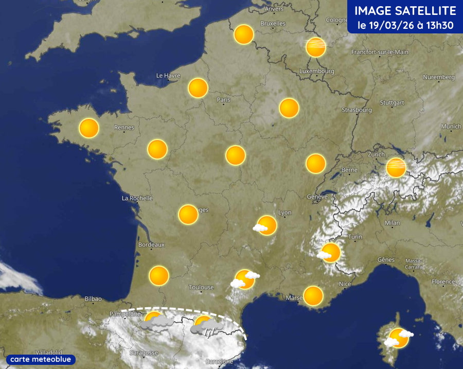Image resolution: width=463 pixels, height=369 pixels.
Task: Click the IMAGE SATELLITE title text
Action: click(x=405, y=11)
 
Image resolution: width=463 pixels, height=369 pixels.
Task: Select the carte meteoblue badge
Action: click(x=41, y=359)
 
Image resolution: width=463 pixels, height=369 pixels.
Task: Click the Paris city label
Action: click(x=223, y=100)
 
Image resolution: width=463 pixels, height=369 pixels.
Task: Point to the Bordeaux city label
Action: click(x=151, y=244)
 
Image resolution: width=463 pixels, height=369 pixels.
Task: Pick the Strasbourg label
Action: click(x=357, y=110)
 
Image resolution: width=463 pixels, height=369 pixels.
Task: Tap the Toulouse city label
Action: click(x=201, y=287)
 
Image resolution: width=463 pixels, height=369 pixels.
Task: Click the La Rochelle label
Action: click(x=137, y=198)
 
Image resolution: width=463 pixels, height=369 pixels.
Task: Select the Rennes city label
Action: click(x=124, y=128)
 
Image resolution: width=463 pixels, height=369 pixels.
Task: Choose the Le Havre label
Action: click(x=168, y=76)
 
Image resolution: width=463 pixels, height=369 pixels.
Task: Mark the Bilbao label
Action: click(x=93, y=298)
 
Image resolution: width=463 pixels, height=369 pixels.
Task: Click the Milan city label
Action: click(x=392, y=223)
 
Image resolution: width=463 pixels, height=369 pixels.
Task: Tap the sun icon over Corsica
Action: click(x=398, y=338)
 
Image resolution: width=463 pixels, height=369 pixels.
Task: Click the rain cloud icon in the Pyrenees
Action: click(x=206, y=327)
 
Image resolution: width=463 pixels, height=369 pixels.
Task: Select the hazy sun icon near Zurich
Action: click(x=396, y=167)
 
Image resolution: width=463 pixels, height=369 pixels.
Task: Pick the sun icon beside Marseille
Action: click(x=313, y=296)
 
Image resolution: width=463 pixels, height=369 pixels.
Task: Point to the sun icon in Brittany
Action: click(x=88, y=128)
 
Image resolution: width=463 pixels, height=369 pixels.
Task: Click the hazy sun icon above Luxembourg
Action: click(x=316, y=47)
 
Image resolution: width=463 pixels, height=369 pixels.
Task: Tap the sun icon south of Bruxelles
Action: click(x=243, y=34)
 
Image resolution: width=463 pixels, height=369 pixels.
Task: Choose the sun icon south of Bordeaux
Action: click(x=159, y=276)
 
